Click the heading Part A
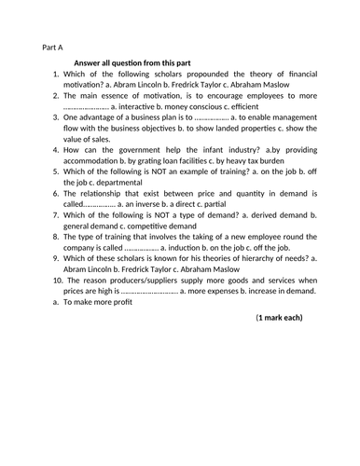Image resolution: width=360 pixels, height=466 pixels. pos(53,46)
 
